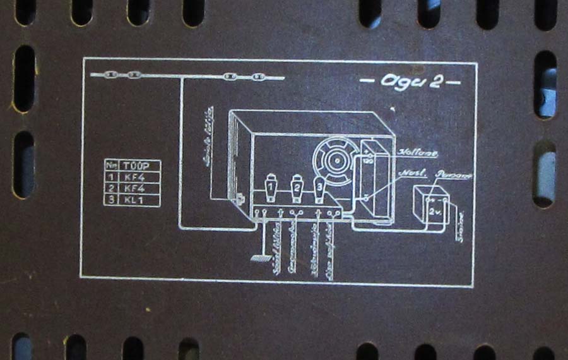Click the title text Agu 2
point(410,82)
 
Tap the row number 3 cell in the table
point(112,200)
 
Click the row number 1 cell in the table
point(112,177)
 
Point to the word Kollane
point(418,152)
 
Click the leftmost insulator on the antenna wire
point(111,75)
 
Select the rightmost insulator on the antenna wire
point(257,77)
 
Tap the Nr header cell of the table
point(112,165)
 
